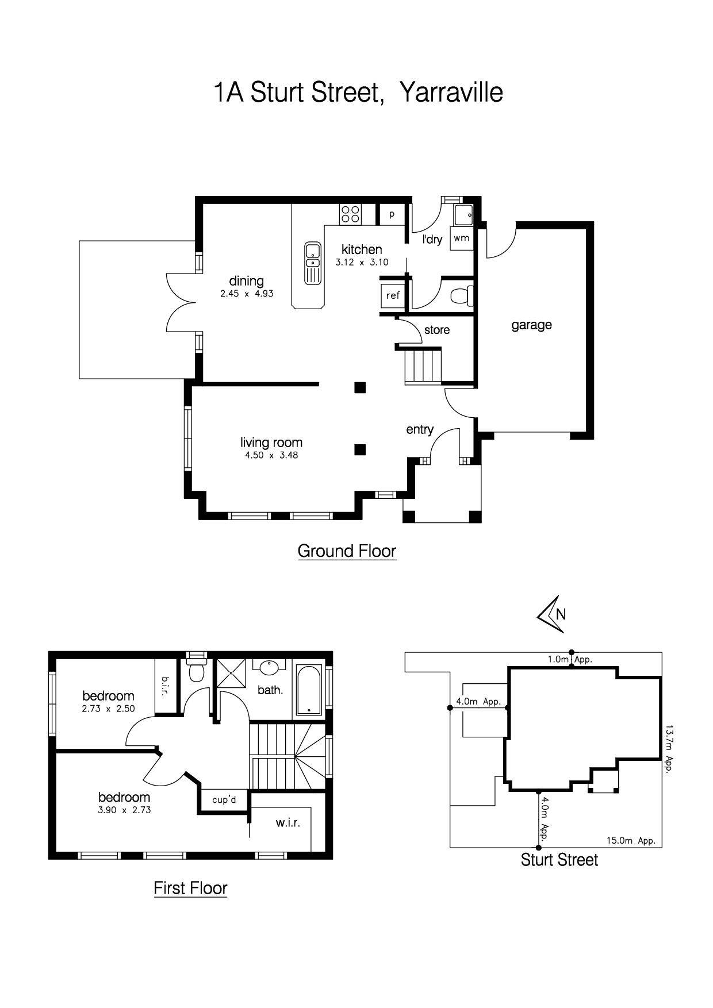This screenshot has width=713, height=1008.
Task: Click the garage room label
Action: pyautogui.click(x=531, y=325)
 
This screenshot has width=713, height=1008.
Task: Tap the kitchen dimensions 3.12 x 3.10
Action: pyautogui.click(x=362, y=262)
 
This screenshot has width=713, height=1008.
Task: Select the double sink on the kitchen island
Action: pyautogui.click(x=312, y=263)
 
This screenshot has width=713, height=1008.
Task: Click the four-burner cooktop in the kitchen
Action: pyautogui.click(x=350, y=214)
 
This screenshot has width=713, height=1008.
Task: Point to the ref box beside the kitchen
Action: pyautogui.click(x=393, y=295)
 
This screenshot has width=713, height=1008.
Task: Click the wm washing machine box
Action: pyautogui.click(x=461, y=238)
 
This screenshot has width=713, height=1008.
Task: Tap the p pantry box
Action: pyautogui.click(x=392, y=214)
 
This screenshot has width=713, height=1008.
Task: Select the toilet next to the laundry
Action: pyautogui.click(x=461, y=296)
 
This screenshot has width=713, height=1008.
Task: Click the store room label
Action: pyautogui.click(x=437, y=330)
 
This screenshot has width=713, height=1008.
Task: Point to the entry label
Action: pyautogui.click(x=420, y=429)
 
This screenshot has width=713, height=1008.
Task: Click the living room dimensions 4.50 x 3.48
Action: pyautogui.click(x=271, y=455)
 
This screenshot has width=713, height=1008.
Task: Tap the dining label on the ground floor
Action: pyautogui.click(x=246, y=281)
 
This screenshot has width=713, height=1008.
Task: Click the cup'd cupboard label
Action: pyautogui.click(x=224, y=799)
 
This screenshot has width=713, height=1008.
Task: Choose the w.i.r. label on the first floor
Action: pyautogui.click(x=287, y=822)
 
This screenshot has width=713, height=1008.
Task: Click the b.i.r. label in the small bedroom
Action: pyautogui.click(x=165, y=686)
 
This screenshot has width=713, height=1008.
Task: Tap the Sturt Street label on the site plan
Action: pyautogui.click(x=559, y=860)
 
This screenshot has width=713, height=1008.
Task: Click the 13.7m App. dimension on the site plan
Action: pyautogui.click(x=669, y=748)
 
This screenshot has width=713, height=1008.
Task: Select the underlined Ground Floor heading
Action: pyautogui.click(x=347, y=551)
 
